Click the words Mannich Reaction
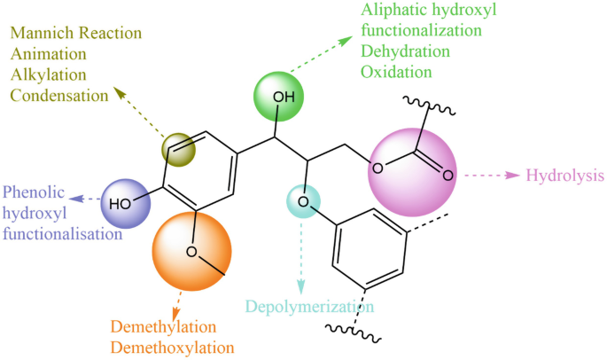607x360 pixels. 75,34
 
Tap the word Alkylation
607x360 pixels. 45,74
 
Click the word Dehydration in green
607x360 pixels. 406,51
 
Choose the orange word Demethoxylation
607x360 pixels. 173,347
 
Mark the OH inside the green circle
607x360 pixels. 280,96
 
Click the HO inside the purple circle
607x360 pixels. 121,203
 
